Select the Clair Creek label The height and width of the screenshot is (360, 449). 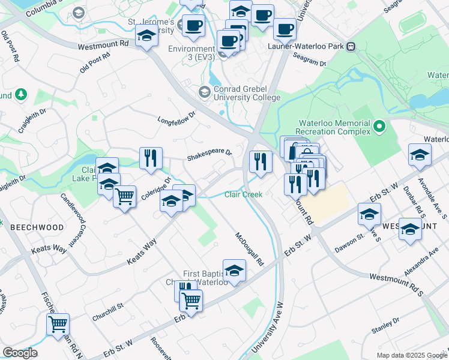click(243, 194)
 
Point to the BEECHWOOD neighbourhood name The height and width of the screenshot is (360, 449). click(37, 227)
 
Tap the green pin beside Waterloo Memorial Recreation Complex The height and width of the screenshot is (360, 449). click(379, 126)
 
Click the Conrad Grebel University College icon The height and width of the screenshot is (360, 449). click(204, 92)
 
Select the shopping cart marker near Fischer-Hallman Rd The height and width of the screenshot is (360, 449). click(58, 325)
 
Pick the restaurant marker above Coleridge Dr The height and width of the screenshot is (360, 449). click(151, 158)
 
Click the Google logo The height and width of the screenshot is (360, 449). click(20, 353)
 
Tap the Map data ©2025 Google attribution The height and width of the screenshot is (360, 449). click(412, 355)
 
